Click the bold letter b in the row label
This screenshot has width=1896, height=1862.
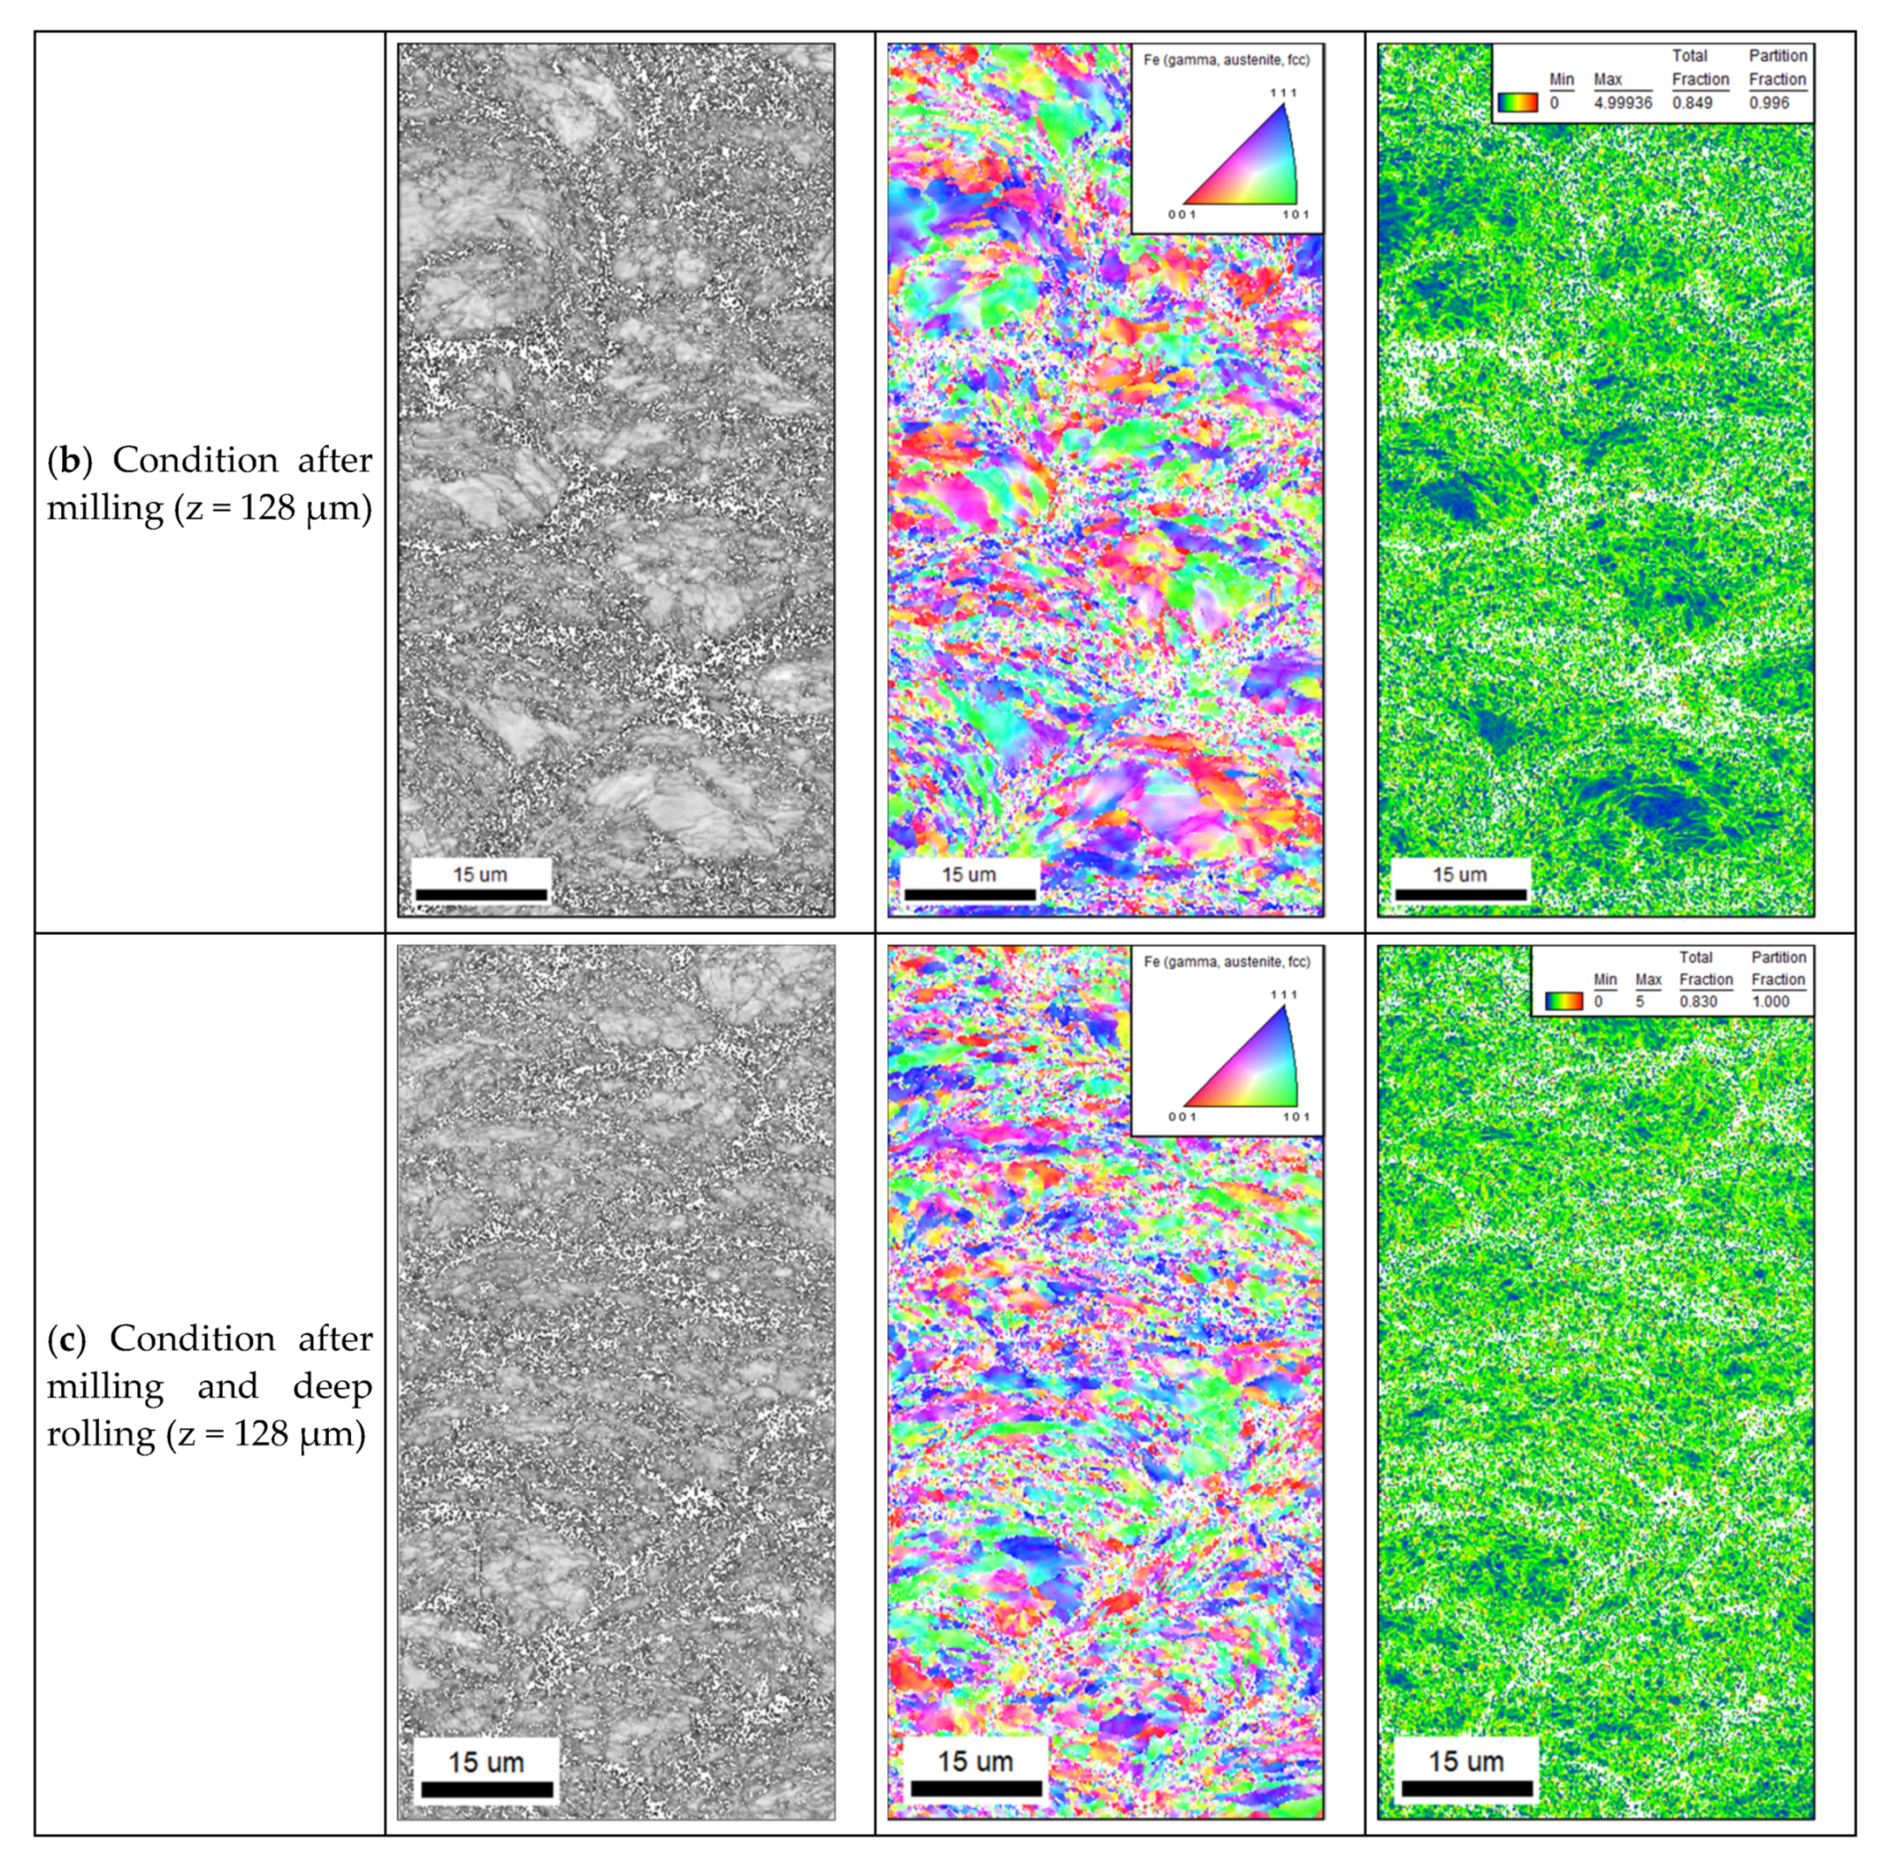click(69, 460)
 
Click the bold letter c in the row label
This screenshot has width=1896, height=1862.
click(68, 1339)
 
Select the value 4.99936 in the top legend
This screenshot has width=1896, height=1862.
click(1622, 103)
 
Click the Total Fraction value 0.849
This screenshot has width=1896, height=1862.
click(1692, 103)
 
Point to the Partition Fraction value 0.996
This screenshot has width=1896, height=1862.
click(1769, 103)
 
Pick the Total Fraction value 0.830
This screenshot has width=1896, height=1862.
click(1699, 1002)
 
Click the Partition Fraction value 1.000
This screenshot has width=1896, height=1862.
click(1770, 1002)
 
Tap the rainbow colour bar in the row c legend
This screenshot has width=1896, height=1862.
click(1564, 1002)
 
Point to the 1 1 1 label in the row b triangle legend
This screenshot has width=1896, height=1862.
click(1283, 93)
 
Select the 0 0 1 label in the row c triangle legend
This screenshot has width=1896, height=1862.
click(1182, 1117)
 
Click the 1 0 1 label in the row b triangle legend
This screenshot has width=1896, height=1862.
click(1296, 215)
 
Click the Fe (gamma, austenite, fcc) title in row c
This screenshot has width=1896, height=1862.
click(1226, 962)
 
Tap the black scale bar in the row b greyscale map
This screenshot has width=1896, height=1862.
click(481, 894)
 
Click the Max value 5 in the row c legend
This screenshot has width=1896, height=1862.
click(1640, 1002)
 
